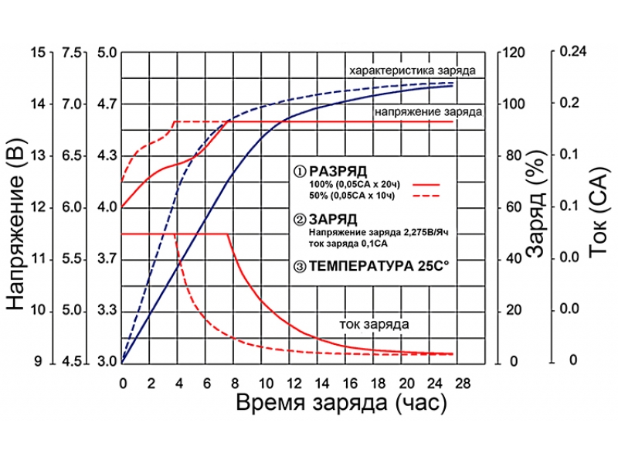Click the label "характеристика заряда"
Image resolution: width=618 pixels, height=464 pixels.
click(412, 70)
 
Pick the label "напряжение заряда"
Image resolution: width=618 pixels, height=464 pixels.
click(429, 111)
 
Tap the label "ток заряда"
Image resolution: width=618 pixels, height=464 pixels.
click(374, 323)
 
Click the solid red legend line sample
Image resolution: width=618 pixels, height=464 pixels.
click(426, 185)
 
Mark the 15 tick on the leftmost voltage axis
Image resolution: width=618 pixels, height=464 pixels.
click(39, 53)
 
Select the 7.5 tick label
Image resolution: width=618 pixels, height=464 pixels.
click(72, 53)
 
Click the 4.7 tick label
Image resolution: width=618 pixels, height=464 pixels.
click(107, 104)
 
